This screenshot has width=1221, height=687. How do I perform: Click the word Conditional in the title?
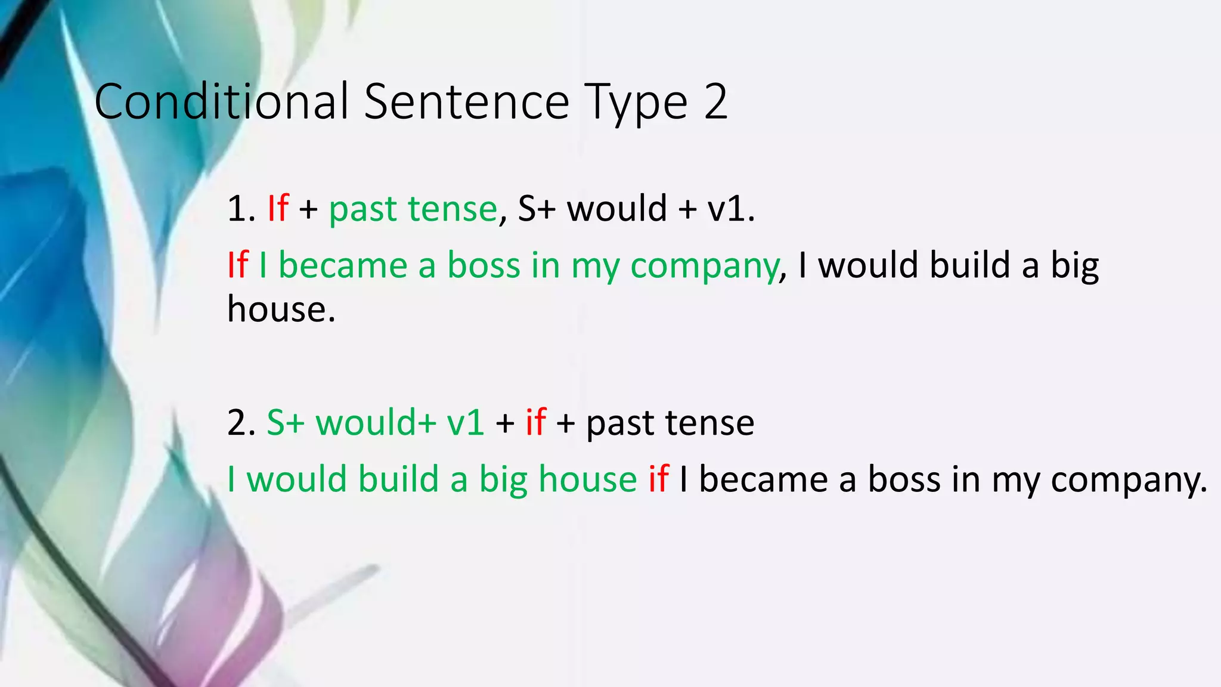pos(221,101)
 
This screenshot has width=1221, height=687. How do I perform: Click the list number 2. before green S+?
pos(241,423)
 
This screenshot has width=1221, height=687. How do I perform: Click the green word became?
pos(343,265)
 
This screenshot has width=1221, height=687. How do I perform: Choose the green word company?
pos(704,267)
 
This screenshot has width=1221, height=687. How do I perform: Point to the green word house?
pos(587,479)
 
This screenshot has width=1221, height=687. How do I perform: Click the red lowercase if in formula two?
pos(535,422)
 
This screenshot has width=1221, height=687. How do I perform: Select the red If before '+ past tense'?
pos(278,208)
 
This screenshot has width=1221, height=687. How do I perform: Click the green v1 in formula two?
pos(465,423)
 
